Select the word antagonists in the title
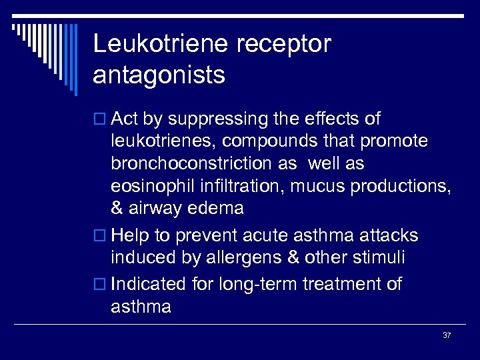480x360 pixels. pos(159,75)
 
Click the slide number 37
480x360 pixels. pos(447,335)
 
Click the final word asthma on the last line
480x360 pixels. pos(141,307)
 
